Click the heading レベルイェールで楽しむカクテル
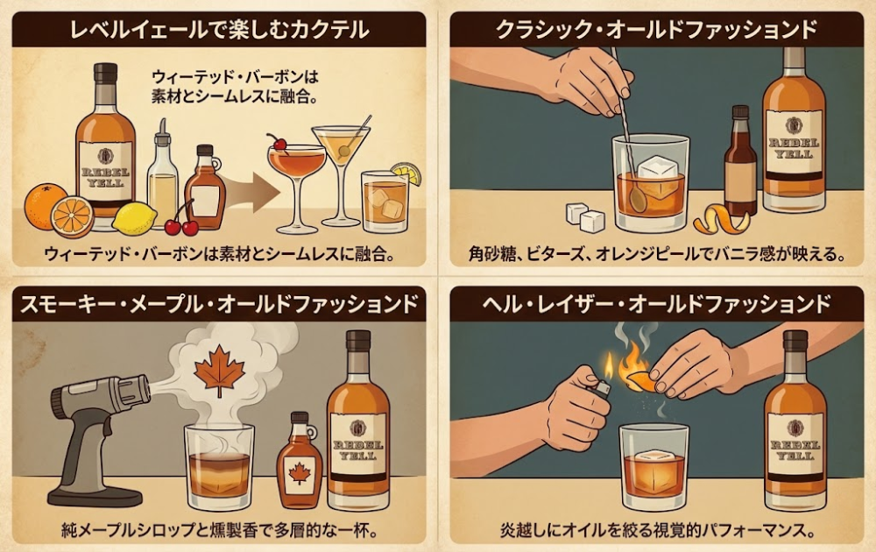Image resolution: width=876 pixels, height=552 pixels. (219, 29)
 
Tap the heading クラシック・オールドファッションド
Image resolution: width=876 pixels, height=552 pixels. (656, 29)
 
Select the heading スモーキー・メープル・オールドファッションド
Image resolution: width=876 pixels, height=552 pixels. (219, 304)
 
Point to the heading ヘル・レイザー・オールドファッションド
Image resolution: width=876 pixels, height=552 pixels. (656, 304)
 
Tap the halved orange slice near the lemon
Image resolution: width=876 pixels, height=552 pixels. (72, 216)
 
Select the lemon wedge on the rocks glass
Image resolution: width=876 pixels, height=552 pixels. (406, 172)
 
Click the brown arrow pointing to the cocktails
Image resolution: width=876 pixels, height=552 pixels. (251, 192)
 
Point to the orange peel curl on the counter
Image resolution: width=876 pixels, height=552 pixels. (721, 220)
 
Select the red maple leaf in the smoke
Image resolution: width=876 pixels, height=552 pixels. (220, 369)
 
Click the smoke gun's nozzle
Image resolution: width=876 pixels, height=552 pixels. (133, 388)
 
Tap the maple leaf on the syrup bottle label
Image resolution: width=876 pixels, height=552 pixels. (300, 474)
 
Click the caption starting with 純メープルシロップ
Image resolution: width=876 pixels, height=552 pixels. (218, 528)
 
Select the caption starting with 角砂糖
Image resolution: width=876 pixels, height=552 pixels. (656, 254)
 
